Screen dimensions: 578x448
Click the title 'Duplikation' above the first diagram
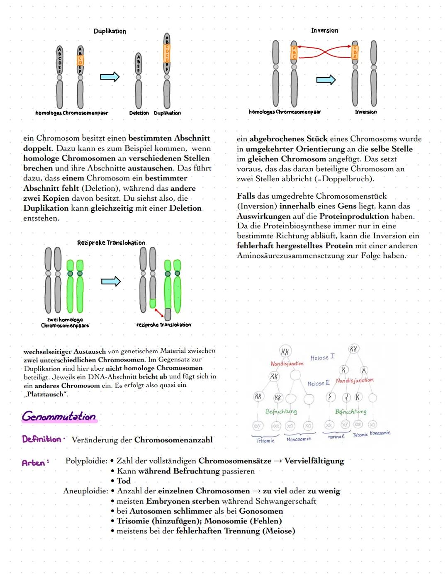[110, 31]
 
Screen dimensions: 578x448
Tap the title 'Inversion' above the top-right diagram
[324, 30]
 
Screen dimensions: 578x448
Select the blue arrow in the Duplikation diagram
[110, 77]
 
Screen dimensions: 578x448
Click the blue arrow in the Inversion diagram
[326, 80]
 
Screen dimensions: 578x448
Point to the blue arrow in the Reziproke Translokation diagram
[111, 282]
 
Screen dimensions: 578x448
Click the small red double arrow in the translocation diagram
[158, 312]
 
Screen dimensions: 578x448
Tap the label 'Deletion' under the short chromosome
[139, 113]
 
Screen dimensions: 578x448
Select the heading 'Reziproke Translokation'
[111, 243]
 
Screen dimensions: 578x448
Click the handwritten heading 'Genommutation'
[59, 416]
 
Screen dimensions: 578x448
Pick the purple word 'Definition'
[41, 439]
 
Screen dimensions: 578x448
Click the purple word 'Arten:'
[35, 463]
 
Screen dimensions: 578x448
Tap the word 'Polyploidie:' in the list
[86, 461]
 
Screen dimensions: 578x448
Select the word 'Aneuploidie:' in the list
[85, 491]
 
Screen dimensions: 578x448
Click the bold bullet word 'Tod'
[124, 481]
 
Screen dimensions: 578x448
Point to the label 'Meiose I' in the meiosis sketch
[322, 357]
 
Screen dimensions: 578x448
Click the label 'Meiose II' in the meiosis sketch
[319, 384]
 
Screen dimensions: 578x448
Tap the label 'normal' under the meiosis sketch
[336, 437]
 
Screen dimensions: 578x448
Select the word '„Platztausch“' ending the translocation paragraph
[46, 394]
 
